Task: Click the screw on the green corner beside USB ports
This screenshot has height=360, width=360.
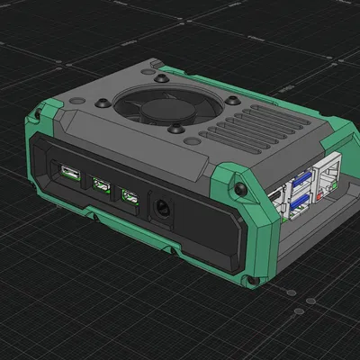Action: [x=240, y=188]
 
